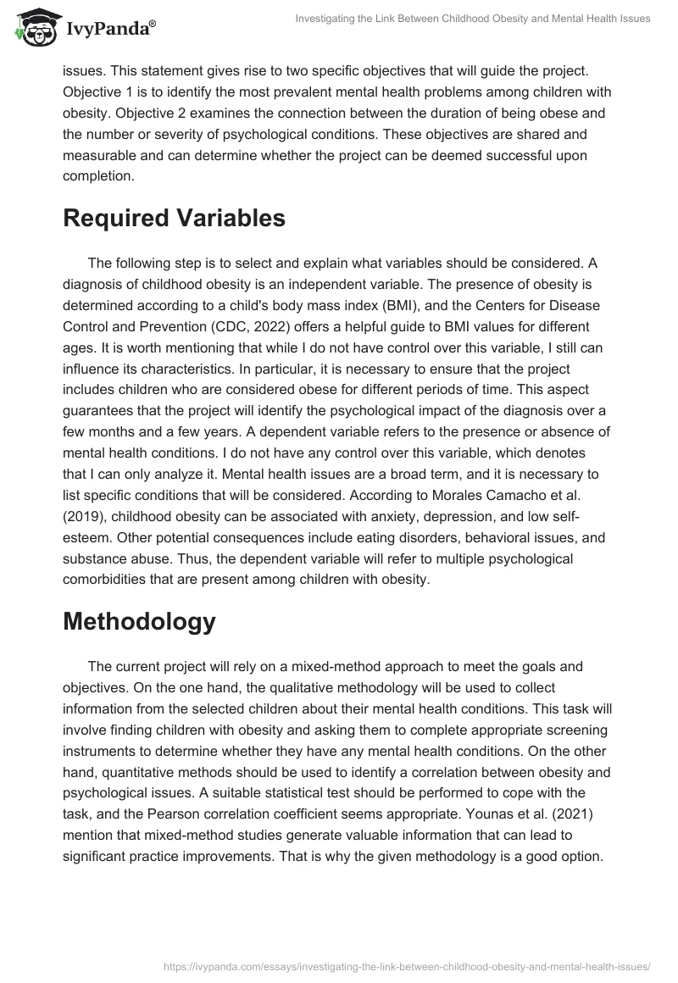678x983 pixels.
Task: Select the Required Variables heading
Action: coord(174,218)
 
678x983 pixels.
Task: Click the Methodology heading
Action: coord(139,621)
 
